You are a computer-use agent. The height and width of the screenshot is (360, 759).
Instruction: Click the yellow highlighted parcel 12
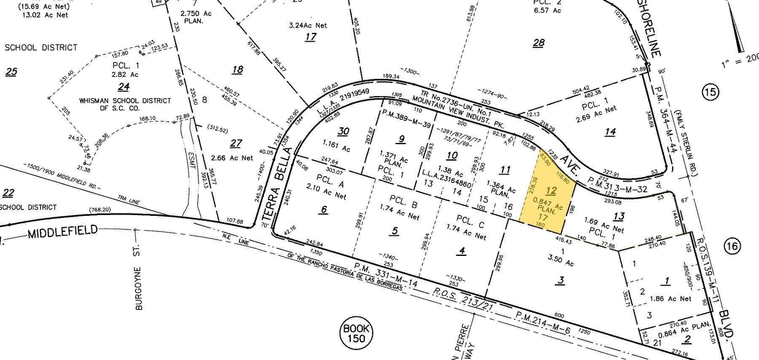click(546, 198)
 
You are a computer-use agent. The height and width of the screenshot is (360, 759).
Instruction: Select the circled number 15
click(710, 91)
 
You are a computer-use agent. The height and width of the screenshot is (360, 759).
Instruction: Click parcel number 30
click(343, 132)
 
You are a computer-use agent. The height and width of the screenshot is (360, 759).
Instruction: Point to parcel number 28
click(538, 42)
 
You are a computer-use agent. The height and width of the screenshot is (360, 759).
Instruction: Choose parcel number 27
click(236, 143)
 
